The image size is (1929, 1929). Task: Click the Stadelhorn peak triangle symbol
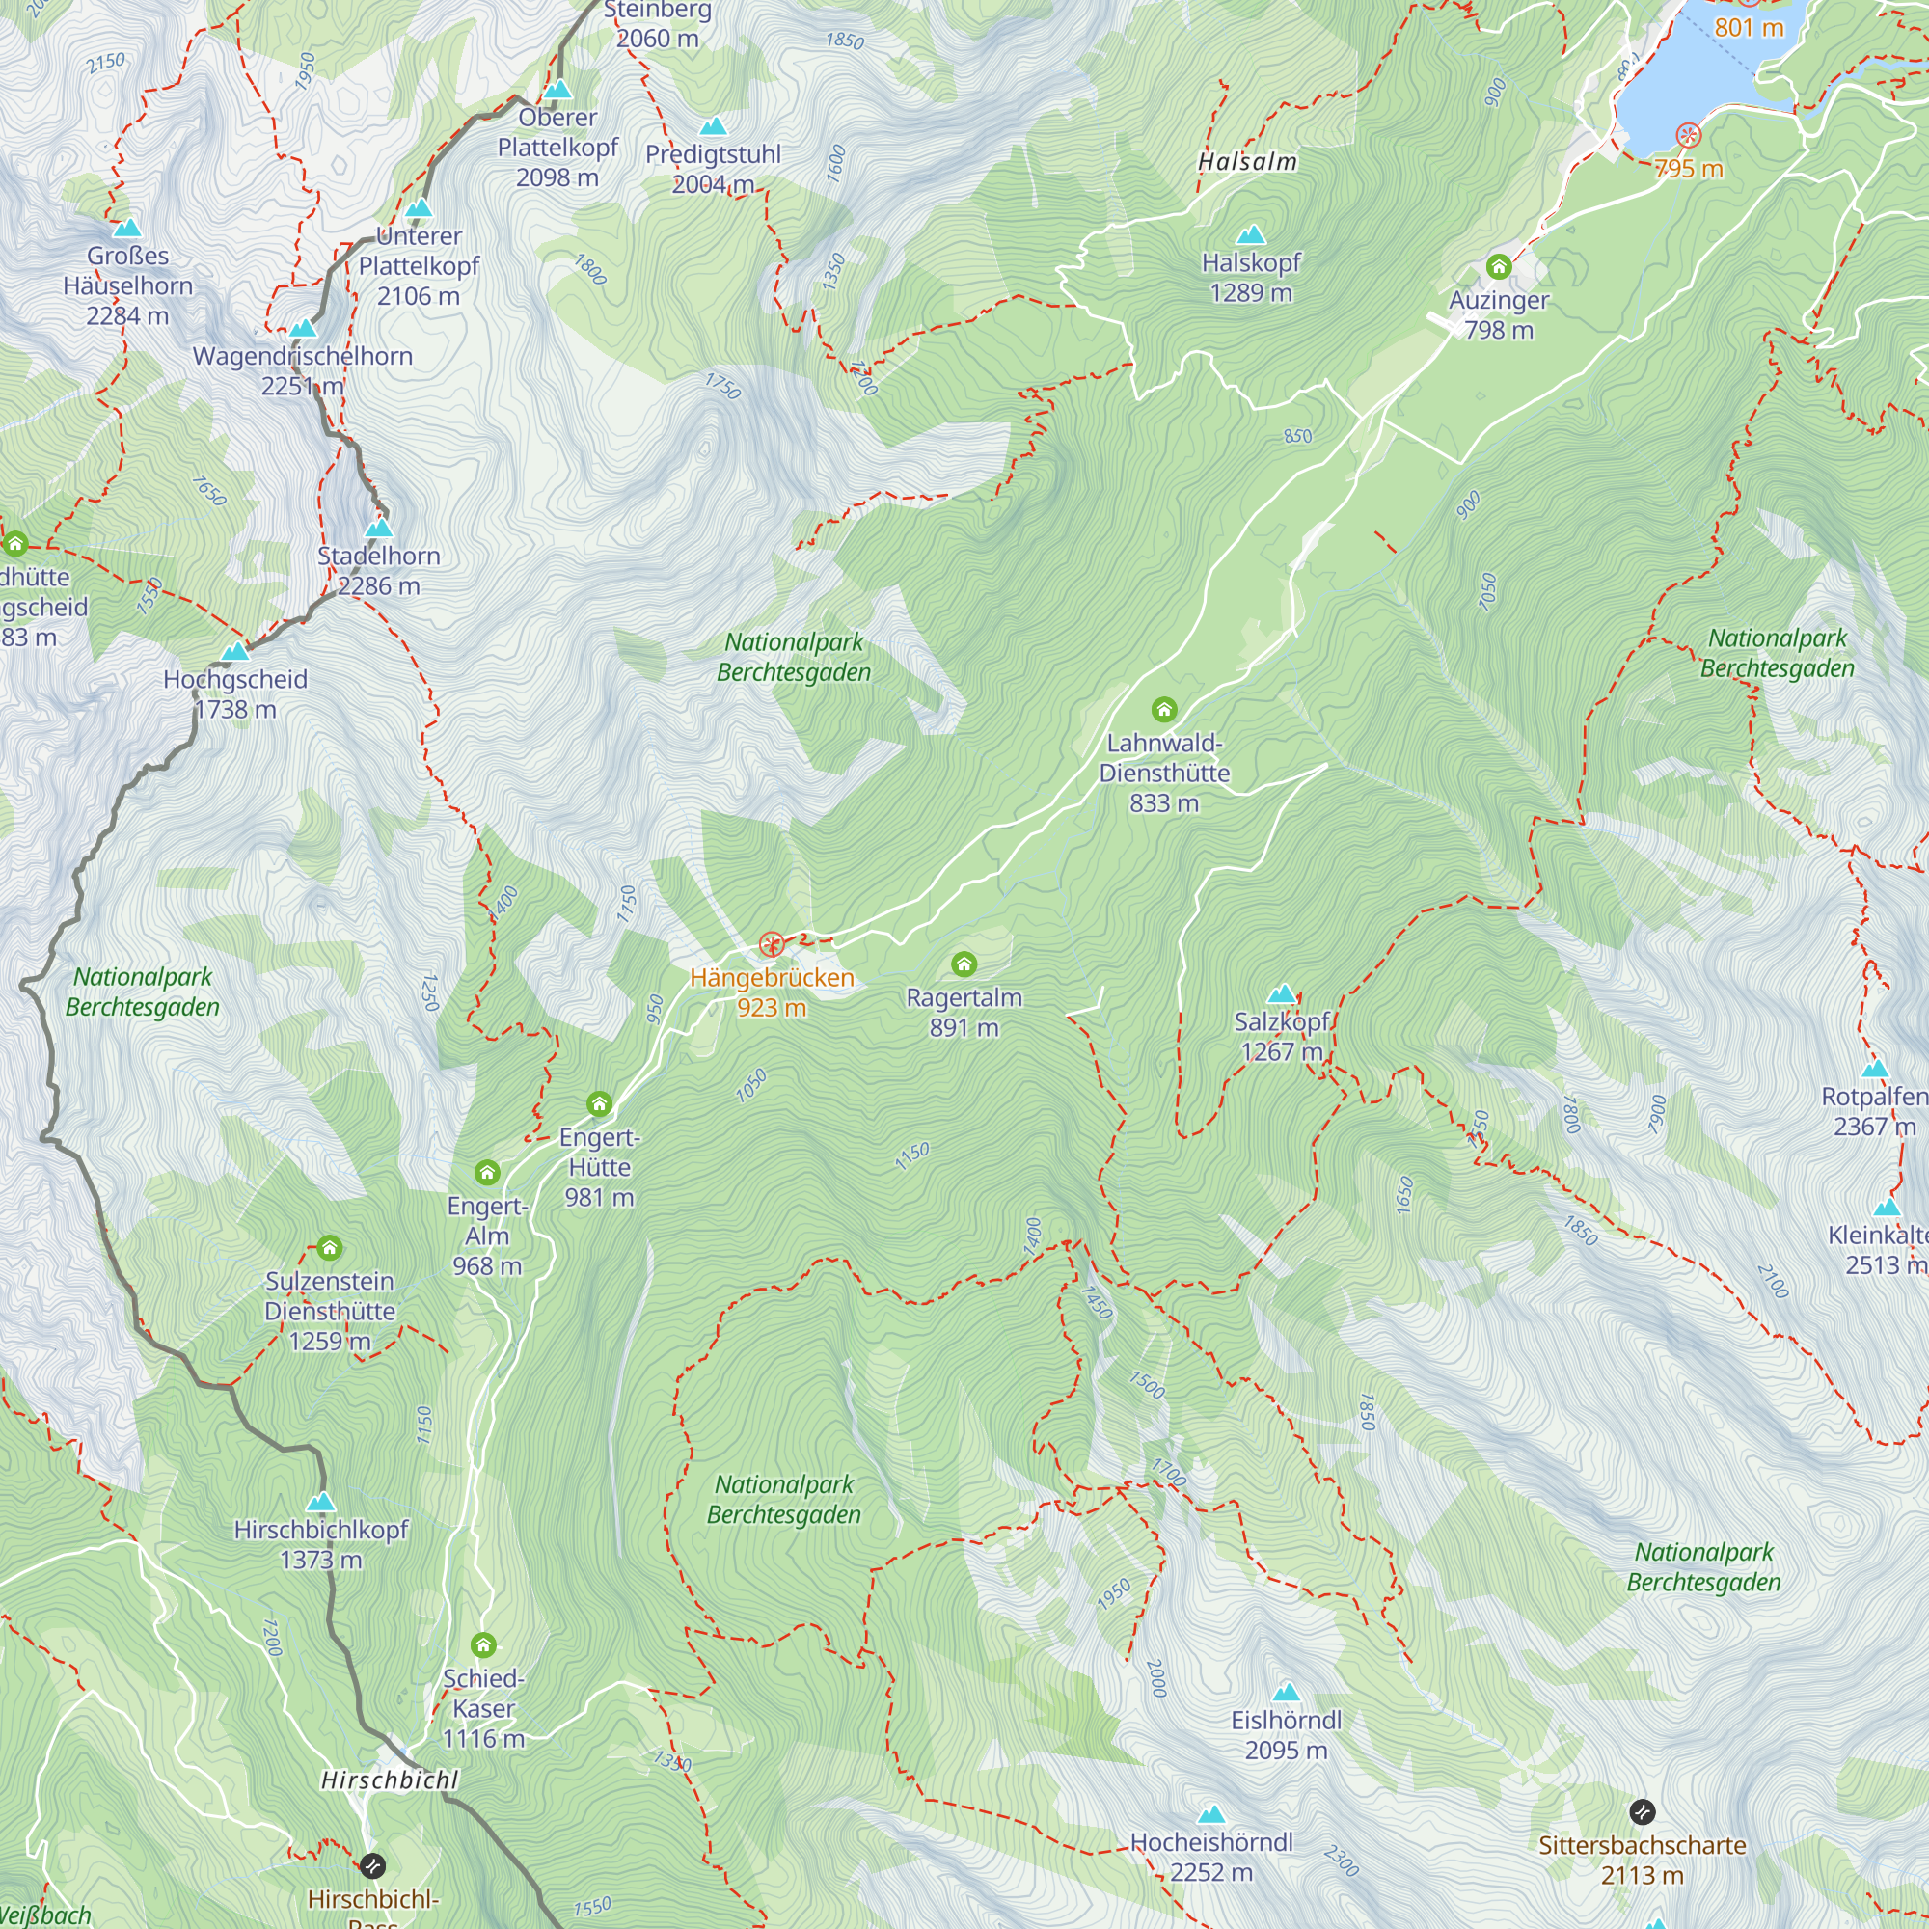click(x=378, y=528)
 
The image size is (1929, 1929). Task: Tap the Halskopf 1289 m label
click(x=1250, y=278)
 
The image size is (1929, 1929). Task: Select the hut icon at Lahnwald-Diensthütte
click(x=1164, y=710)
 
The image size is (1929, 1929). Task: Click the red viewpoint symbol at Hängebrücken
click(x=771, y=943)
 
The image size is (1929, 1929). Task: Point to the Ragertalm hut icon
click(x=964, y=964)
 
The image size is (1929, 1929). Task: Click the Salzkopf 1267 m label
click(x=1281, y=1037)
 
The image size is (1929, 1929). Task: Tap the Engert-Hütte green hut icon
click(x=599, y=1103)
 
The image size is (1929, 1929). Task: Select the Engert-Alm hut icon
click(x=487, y=1172)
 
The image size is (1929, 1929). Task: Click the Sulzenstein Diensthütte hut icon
click(x=330, y=1248)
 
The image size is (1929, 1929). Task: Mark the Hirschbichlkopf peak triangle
click(x=320, y=1503)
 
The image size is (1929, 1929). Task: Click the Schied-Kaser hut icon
click(x=483, y=1644)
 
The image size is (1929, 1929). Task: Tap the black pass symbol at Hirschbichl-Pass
click(x=372, y=1865)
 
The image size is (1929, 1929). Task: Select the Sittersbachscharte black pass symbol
click(x=1643, y=1811)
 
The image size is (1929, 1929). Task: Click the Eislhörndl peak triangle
click(x=1286, y=1693)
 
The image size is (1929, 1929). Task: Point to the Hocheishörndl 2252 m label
click(x=1211, y=1857)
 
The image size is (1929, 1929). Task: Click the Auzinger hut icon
click(x=1499, y=266)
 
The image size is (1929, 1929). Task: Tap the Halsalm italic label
click(x=1247, y=162)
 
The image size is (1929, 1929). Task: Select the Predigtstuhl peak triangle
click(x=713, y=126)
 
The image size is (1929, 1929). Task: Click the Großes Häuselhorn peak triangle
click(x=126, y=229)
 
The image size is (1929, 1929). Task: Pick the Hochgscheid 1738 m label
click(x=234, y=693)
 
